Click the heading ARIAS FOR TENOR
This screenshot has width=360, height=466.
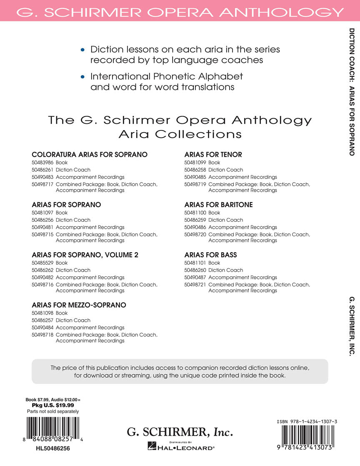pyautogui.click(x=213, y=155)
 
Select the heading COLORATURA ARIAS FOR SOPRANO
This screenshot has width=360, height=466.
pyautogui.click(x=90, y=155)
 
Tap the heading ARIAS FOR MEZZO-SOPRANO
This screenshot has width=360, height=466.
pyautogui.click(x=79, y=305)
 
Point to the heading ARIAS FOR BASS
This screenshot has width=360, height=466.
pyautogui.click(x=210, y=255)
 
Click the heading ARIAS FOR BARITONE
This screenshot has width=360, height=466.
pyautogui.click(x=218, y=205)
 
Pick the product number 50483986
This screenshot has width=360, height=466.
pyautogui.click(x=42, y=163)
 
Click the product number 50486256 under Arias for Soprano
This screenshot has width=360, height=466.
pyautogui.click(x=42, y=220)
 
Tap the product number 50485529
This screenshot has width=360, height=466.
pyautogui.click(x=42, y=263)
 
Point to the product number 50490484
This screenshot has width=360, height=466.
pyautogui.click(x=42, y=328)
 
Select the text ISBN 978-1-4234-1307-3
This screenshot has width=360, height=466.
pyautogui.click(x=307, y=422)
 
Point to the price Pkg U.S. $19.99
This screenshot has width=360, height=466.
pyautogui.click(x=53, y=405)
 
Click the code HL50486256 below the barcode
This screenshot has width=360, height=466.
pyautogui.click(x=53, y=448)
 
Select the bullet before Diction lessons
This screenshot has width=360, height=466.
pyautogui.click(x=83, y=50)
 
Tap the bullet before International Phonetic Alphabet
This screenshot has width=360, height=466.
pyautogui.click(x=83, y=77)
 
